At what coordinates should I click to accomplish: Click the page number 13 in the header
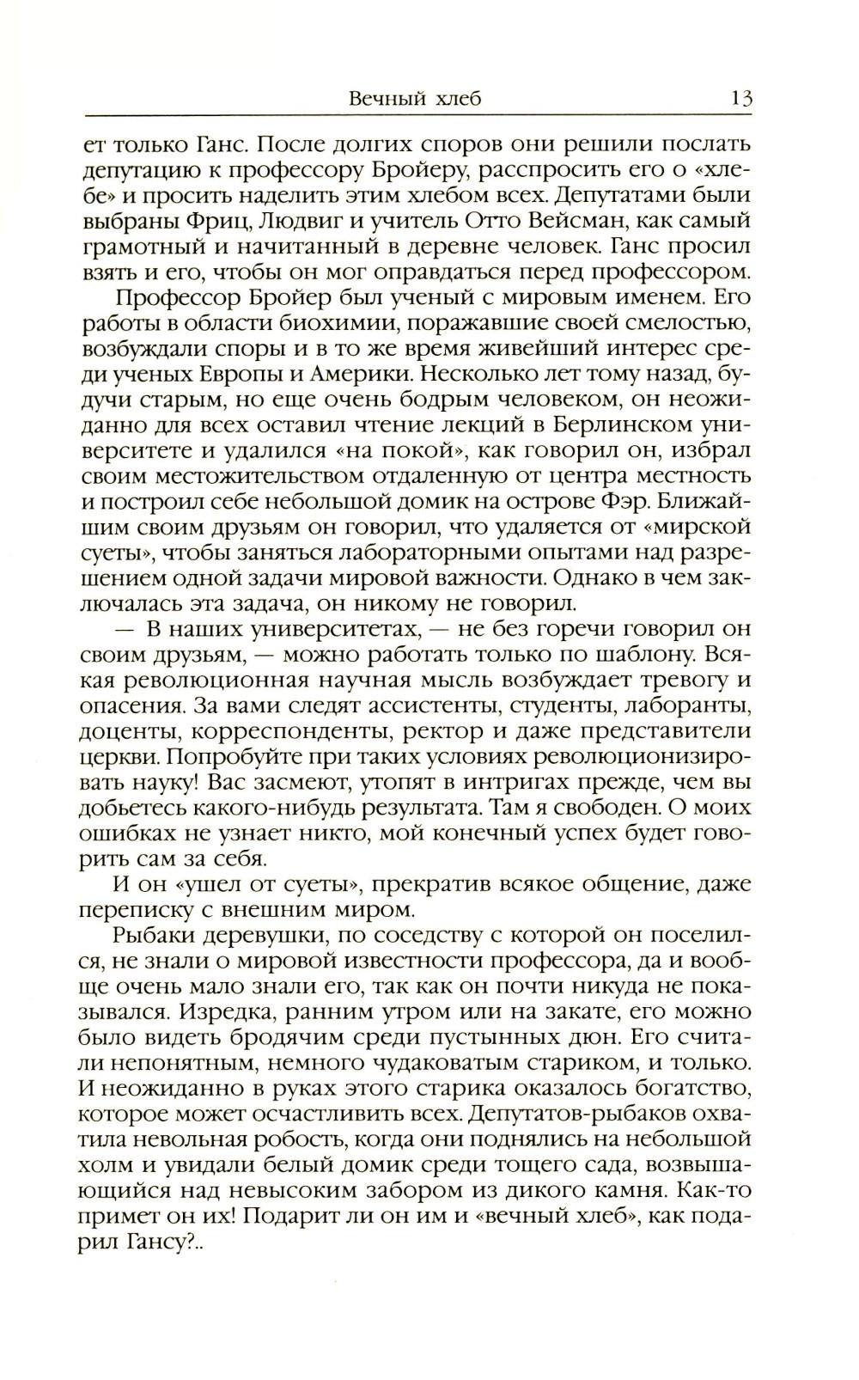point(741,97)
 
